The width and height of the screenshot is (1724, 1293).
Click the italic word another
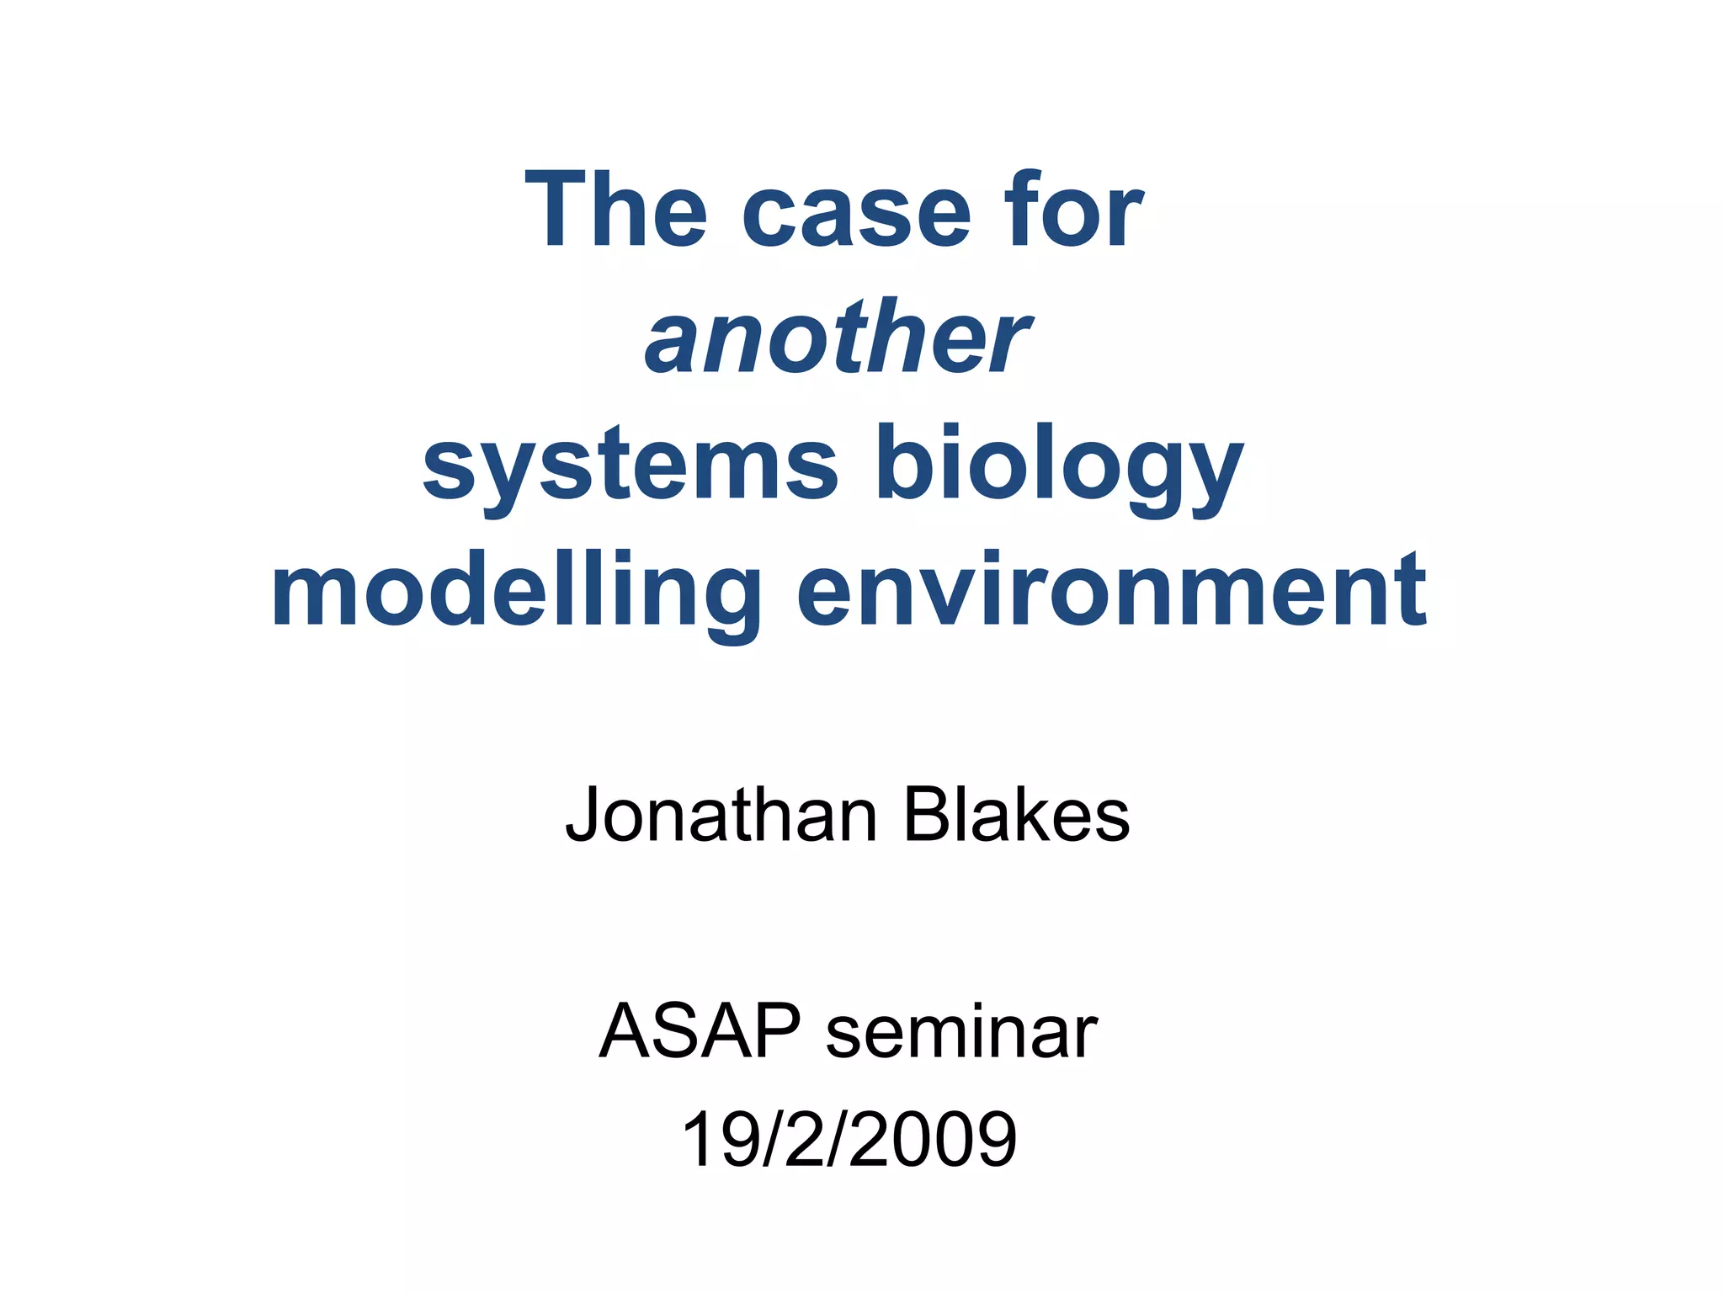coord(837,338)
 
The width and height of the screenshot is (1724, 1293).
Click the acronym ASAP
coord(700,1031)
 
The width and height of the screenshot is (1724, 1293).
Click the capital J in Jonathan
coord(583,815)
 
